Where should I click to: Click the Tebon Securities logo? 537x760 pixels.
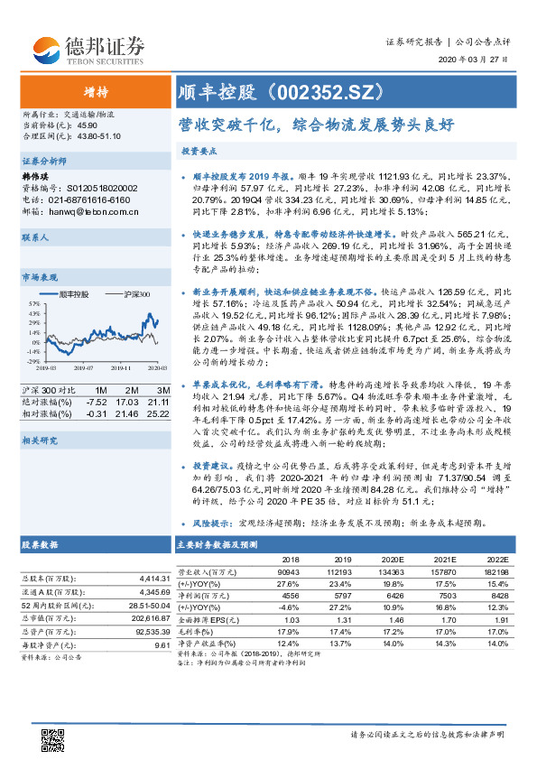[88, 48]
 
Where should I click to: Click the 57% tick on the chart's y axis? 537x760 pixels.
[33, 304]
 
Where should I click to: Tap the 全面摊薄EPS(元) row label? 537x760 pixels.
[204, 619]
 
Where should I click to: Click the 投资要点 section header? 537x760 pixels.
[199, 151]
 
